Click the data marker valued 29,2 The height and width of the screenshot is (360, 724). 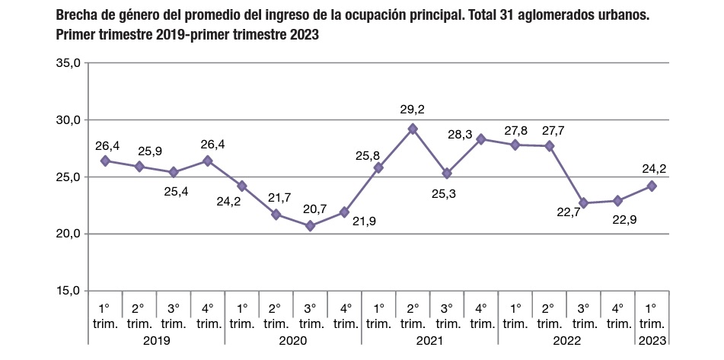[413, 129]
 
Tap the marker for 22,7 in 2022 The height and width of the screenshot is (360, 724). [584, 203]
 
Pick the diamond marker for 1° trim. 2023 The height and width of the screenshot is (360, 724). [652, 186]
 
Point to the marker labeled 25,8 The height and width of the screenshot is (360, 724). [378, 167]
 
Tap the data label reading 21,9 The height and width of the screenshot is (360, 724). [365, 221]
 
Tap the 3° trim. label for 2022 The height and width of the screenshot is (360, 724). [584, 316]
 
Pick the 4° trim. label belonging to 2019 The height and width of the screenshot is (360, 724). [207, 316]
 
